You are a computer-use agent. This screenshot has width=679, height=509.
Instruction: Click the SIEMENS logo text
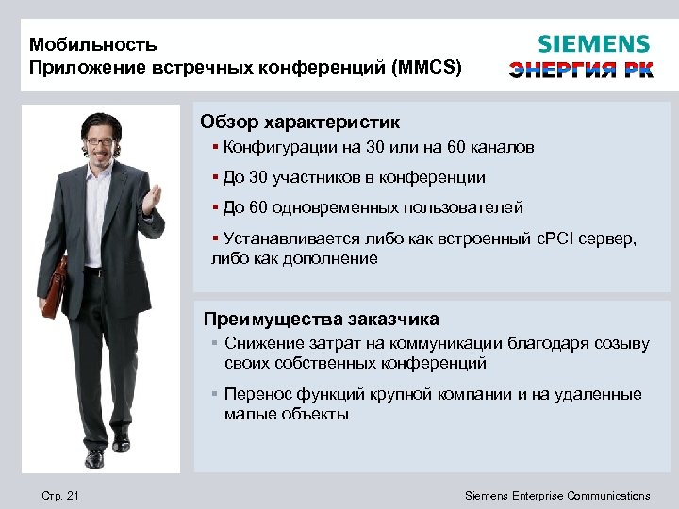click(x=593, y=44)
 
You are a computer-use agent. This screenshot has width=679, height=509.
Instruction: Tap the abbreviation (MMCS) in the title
click(x=428, y=68)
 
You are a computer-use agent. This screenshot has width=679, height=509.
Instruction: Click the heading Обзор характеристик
click(x=300, y=123)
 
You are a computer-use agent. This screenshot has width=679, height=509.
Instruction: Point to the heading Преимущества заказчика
click(x=322, y=319)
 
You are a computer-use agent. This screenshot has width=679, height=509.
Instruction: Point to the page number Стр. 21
click(x=60, y=495)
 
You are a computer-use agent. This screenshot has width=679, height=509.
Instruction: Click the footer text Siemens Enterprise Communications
click(x=558, y=495)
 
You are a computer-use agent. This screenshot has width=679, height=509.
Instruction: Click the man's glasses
click(x=99, y=141)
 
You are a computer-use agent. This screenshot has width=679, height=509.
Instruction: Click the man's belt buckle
click(x=94, y=271)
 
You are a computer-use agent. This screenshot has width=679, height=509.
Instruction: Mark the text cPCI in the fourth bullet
click(x=542, y=239)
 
